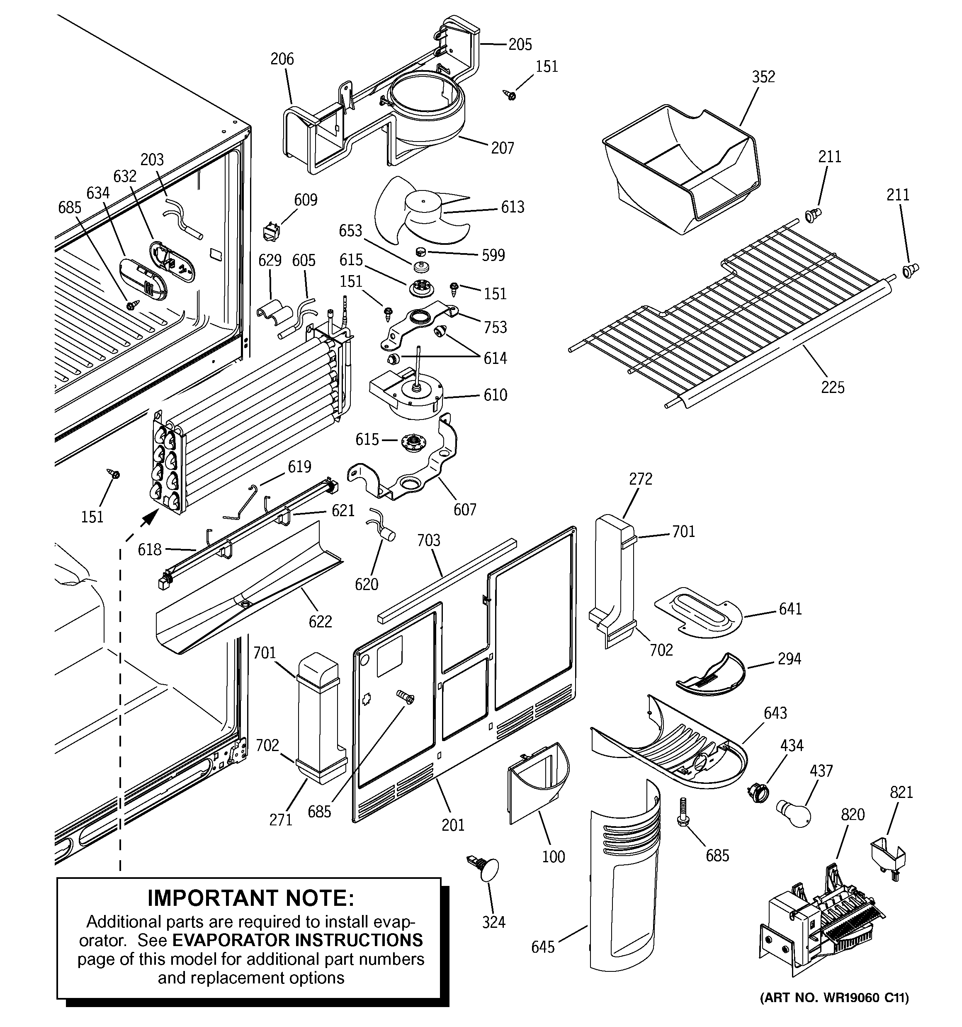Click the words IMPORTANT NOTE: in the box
pyautogui.click(x=250, y=898)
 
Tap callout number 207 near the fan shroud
pyautogui.click(x=502, y=148)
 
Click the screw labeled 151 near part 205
pyautogui.click(x=510, y=95)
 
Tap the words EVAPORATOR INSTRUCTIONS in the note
pyautogui.click(x=297, y=940)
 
